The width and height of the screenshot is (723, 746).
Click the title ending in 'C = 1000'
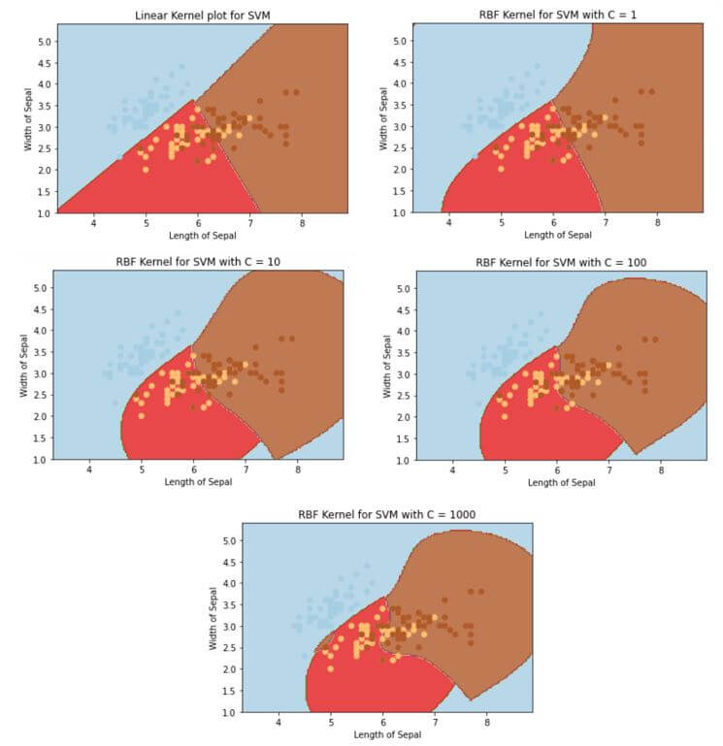point(386,514)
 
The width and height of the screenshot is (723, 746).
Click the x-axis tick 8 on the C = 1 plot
point(657,223)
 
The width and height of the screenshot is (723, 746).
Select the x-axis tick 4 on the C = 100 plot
point(452,470)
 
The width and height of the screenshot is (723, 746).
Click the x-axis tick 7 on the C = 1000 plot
point(434,723)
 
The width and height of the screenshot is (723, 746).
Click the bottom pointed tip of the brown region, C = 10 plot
point(277,458)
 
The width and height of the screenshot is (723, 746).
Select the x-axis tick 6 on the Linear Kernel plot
point(198,223)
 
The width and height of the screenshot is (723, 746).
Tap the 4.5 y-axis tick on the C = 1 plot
point(399,62)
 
